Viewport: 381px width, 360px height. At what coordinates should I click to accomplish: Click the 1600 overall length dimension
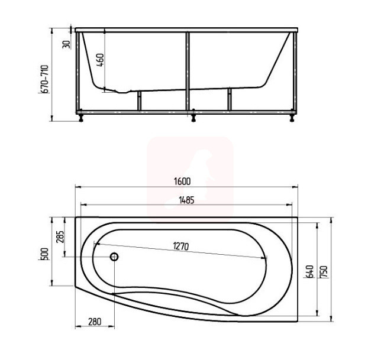click(x=182, y=181)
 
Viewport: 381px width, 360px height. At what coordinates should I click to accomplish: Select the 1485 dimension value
click(x=186, y=200)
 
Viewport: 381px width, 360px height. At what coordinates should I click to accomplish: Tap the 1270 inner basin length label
click(x=181, y=247)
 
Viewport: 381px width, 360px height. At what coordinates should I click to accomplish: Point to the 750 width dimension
click(x=325, y=272)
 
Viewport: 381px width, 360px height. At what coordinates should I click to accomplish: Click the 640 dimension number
click(x=309, y=272)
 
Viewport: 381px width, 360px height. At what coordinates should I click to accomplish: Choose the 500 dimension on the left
click(x=46, y=254)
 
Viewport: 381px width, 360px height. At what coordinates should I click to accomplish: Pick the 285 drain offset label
click(x=60, y=236)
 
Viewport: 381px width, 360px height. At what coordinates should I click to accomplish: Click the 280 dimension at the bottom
click(x=95, y=322)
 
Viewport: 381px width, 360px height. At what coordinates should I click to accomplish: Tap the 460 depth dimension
click(x=101, y=60)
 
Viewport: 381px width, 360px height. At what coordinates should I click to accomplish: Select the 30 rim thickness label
click(x=66, y=44)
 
